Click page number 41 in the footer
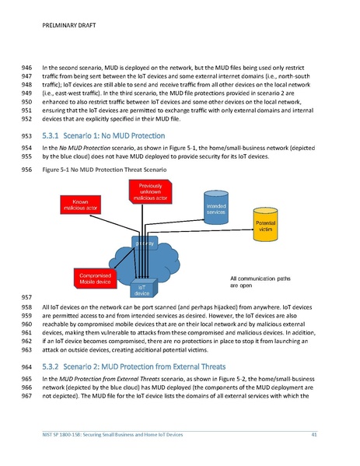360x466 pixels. coord(314,433)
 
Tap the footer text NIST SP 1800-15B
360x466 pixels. coord(113,433)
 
